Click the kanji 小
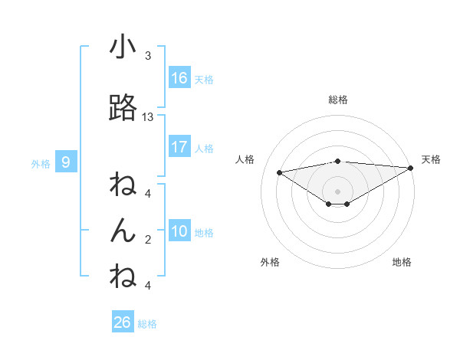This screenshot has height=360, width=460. [123, 47]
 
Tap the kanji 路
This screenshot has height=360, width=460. [123, 109]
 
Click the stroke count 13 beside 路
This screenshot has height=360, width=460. [148, 117]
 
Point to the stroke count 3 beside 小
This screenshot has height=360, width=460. [148, 56]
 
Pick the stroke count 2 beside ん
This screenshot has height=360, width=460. [148, 240]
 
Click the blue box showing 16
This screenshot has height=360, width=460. [179, 78]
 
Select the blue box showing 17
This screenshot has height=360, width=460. [179, 147]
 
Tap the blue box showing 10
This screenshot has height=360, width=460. [179, 231]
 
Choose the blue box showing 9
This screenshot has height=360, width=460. [66, 162]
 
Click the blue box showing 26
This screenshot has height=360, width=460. [122, 322]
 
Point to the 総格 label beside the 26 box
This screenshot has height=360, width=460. [147, 324]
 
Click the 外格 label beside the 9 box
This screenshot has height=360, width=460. [40, 163]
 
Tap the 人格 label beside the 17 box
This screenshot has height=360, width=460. [204, 149]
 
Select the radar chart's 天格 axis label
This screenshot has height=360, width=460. [431, 159]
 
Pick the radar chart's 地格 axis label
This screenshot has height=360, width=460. [402, 262]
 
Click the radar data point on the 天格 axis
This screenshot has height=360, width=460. [412, 167]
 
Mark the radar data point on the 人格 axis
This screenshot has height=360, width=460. [279, 172]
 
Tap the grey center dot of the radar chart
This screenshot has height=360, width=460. [337, 191]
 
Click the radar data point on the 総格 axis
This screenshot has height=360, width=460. [337, 161]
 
